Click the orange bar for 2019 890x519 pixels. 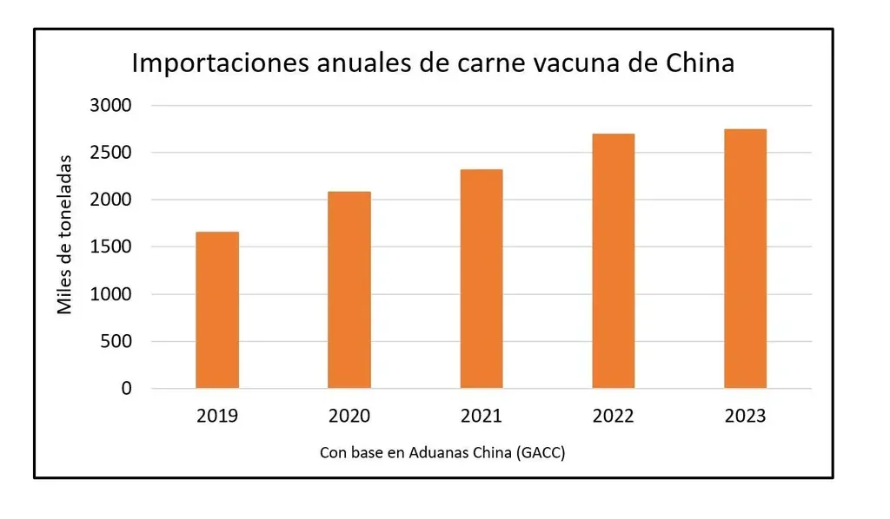(x=217, y=310)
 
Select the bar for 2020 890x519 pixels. (x=349, y=290)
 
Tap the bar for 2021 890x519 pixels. (x=482, y=279)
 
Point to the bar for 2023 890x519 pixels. (x=745, y=259)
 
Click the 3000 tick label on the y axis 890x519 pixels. (x=110, y=106)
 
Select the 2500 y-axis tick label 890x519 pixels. (x=110, y=153)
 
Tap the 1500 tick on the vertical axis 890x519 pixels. (x=110, y=247)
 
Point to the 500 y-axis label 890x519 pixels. (x=115, y=342)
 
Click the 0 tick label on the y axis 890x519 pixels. (x=127, y=389)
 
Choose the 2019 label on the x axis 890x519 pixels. (x=217, y=417)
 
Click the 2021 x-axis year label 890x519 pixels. (x=482, y=417)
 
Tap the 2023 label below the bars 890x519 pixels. (x=745, y=417)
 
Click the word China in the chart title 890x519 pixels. (x=700, y=63)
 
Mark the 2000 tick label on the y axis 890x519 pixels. (x=110, y=200)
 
